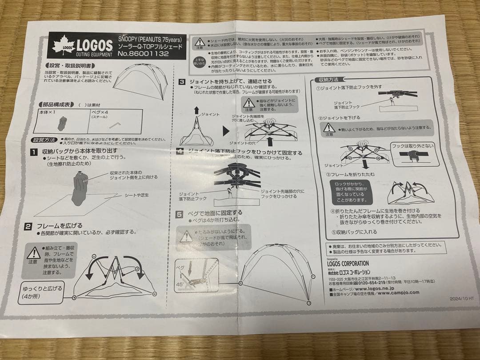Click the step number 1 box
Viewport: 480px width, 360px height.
(34, 152)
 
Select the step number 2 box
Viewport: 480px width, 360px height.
(28, 226)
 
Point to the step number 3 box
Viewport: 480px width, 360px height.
(182, 82)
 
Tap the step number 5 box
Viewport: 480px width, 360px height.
(179, 214)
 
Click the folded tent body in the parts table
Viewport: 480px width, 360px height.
(62, 123)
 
